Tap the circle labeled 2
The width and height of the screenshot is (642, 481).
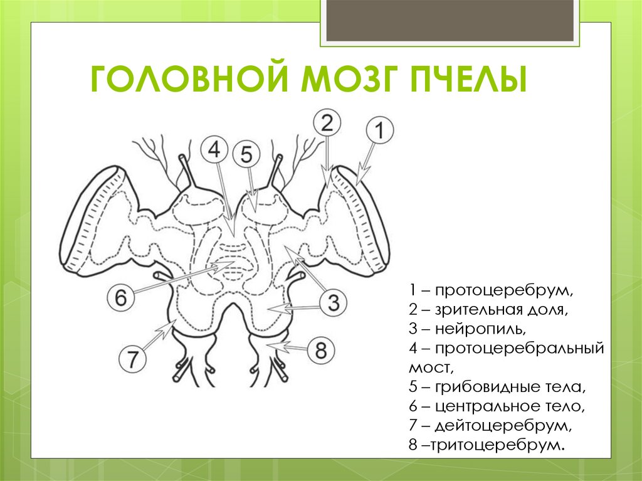327,123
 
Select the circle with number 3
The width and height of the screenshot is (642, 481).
334,304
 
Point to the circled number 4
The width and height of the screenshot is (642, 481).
214,151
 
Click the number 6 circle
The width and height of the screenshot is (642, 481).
121,297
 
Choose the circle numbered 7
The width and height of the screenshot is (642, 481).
133,360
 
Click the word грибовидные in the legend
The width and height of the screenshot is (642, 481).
486,386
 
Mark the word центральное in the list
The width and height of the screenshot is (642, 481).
486,406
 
